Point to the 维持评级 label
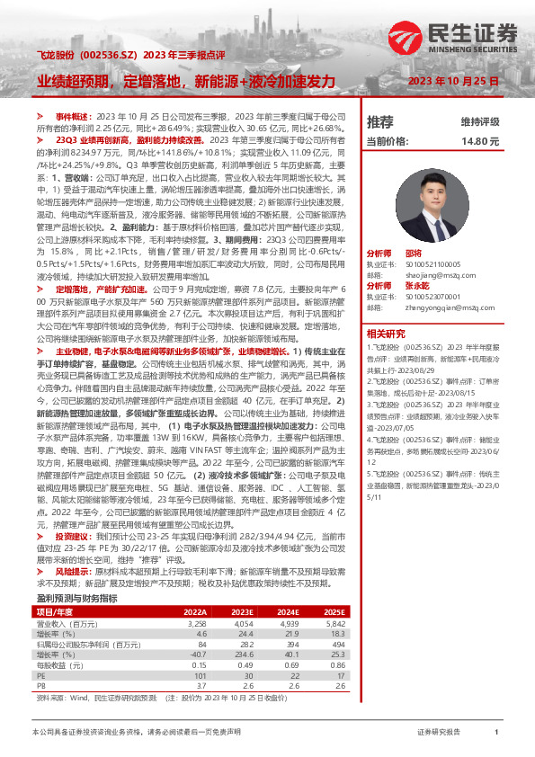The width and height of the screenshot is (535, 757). click(x=479, y=121)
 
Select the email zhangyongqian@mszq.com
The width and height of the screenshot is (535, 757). click(x=431, y=307)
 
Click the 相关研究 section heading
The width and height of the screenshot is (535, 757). click(x=386, y=334)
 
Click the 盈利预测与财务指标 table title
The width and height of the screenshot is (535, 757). click(x=76, y=597)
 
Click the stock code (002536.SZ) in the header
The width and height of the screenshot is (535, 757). click(x=109, y=56)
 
